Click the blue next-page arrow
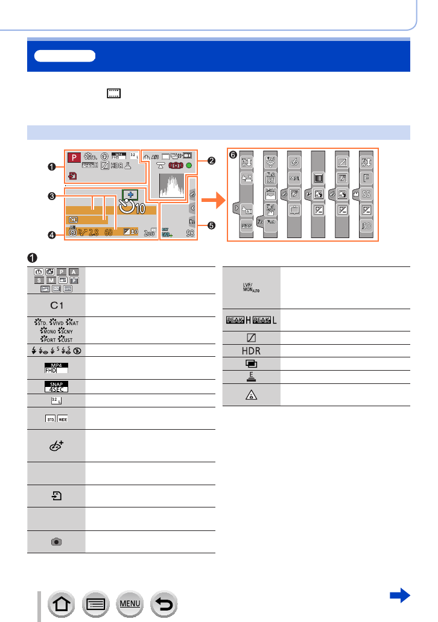tap(400, 595)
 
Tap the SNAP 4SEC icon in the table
tap(56, 386)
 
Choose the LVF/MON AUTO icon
tap(252, 291)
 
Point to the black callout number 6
tap(233, 155)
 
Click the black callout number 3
tap(53, 196)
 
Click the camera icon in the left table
tap(56, 541)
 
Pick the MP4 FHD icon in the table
tap(56, 368)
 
